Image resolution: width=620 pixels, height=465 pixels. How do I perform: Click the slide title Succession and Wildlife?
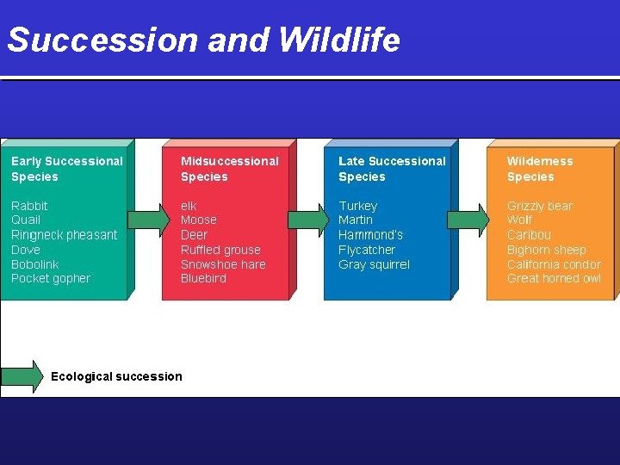(x=203, y=40)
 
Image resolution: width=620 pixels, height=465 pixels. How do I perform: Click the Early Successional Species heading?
(x=66, y=169)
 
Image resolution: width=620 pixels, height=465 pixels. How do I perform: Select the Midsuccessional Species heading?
(x=229, y=169)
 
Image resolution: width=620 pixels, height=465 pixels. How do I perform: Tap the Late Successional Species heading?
(x=392, y=169)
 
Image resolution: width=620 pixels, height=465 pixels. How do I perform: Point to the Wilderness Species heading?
(x=539, y=169)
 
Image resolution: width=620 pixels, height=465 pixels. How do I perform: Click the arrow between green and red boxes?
(x=148, y=220)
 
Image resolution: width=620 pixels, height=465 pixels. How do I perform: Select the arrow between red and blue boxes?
(x=309, y=220)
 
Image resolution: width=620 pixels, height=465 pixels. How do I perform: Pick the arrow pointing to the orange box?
(x=468, y=220)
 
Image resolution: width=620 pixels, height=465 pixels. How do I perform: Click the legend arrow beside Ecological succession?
(x=22, y=376)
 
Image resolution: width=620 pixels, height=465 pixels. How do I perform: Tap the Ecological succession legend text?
(x=116, y=376)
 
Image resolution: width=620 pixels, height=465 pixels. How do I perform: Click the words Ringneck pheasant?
(x=64, y=235)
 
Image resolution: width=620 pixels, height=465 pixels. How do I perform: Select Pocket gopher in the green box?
(x=50, y=278)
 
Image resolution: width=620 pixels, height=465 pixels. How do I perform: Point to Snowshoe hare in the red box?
(x=223, y=264)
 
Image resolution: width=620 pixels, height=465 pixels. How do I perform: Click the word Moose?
(x=198, y=220)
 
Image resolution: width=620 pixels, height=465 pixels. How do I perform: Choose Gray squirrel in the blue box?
(x=374, y=264)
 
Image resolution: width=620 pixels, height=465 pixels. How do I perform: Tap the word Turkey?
(x=357, y=206)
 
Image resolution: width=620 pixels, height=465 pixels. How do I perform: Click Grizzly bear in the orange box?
(x=539, y=206)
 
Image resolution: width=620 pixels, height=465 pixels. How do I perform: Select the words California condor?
(x=554, y=264)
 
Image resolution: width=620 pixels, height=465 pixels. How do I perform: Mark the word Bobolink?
(x=34, y=264)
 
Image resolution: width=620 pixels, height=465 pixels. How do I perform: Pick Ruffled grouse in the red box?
(x=220, y=250)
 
